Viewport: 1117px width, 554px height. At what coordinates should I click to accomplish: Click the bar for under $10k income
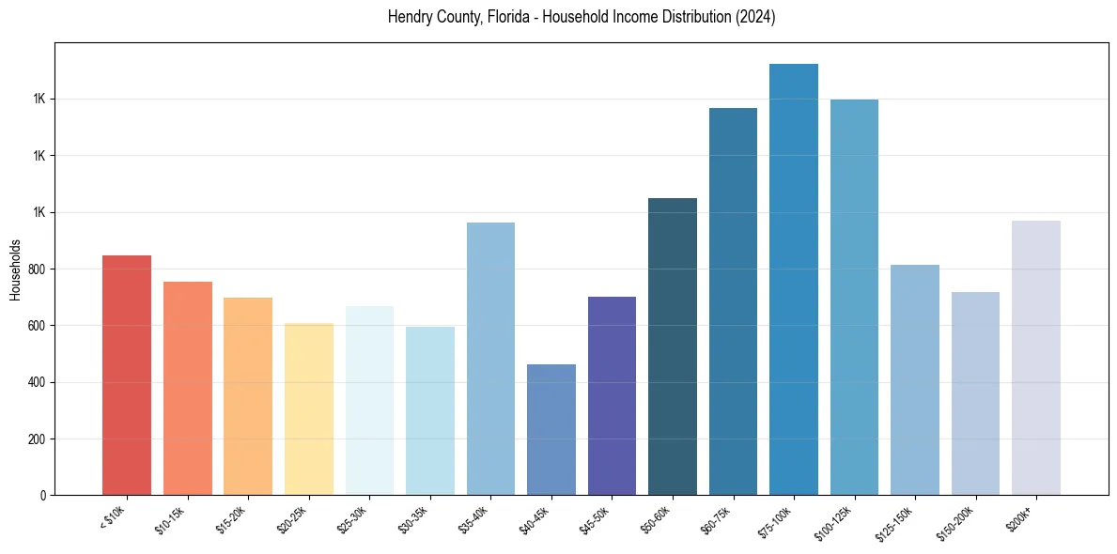[x=127, y=376]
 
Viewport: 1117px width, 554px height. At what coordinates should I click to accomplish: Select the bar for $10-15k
[x=188, y=389]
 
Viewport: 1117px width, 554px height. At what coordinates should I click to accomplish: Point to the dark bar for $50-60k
[x=673, y=346]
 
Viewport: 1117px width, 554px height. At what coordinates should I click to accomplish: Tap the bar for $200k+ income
[x=1036, y=358]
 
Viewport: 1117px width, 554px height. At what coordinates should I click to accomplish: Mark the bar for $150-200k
[x=975, y=393]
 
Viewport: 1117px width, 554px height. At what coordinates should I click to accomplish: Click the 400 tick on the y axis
[x=36, y=382]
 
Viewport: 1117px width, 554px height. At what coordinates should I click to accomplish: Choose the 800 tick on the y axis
[x=36, y=269]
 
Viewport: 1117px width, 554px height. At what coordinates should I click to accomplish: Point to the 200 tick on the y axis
[x=36, y=439]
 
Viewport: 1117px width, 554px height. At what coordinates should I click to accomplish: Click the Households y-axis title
[x=15, y=269]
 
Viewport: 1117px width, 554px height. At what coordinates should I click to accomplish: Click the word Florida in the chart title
[x=504, y=17]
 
